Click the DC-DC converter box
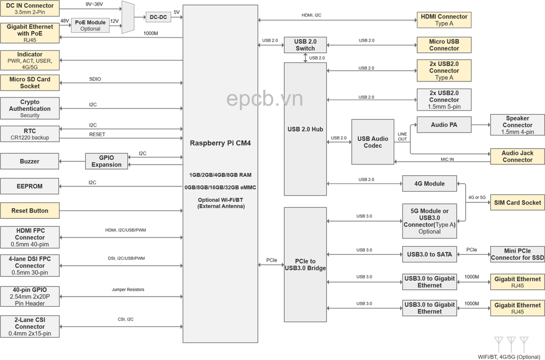coord(158,17)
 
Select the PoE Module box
coord(90,25)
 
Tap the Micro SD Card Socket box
coord(30,83)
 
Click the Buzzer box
coord(30,161)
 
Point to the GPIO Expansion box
coord(106,161)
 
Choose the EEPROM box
coord(30,186)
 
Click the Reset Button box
coord(30,211)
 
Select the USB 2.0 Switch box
coord(305,45)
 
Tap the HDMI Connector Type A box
coord(444,20)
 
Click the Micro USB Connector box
coord(444,45)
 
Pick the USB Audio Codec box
coord(373,142)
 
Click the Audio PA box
coord(444,125)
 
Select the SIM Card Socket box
coord(517,203)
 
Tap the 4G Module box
coord(429,184)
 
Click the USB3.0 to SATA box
coord(429,255)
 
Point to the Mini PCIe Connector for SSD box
coord(517,255)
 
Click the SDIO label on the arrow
coord(95,79)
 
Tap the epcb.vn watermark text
coord(264,98)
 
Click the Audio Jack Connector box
coord(517,157)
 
